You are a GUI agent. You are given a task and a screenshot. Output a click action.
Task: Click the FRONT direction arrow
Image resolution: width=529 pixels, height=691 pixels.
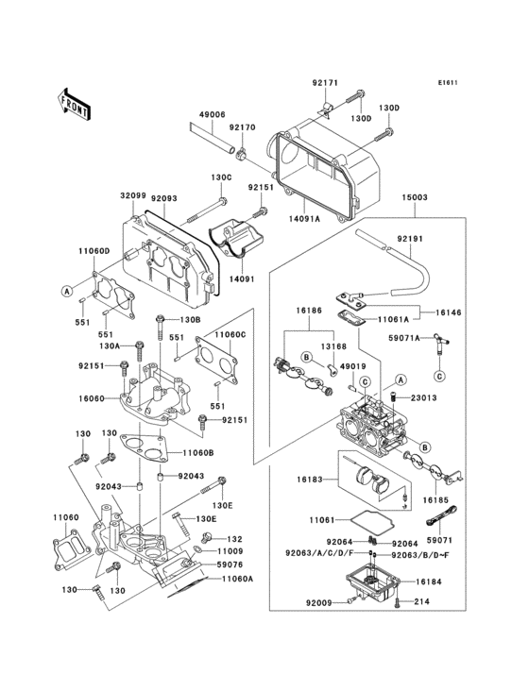tap(75, 103)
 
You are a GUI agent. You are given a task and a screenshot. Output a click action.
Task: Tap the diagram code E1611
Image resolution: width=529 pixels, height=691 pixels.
tap(447, 82)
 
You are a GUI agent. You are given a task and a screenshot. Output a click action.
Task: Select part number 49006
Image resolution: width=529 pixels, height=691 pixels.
tap(212, 114)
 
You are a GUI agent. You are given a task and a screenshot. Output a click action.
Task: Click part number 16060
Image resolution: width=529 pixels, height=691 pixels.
tap(93, 399)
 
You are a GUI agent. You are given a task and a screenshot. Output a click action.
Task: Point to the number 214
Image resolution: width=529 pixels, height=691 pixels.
tap(422, 600)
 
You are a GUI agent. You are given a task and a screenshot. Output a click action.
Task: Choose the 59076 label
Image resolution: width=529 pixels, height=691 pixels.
tap(231, 565)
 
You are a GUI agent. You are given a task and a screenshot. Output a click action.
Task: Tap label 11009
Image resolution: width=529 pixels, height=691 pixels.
tap(231, 550)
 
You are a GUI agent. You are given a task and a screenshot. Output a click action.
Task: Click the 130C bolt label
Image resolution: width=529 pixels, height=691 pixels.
tap(221, 177)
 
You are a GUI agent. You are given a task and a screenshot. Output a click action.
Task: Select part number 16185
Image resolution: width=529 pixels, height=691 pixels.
tap(436, 500)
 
